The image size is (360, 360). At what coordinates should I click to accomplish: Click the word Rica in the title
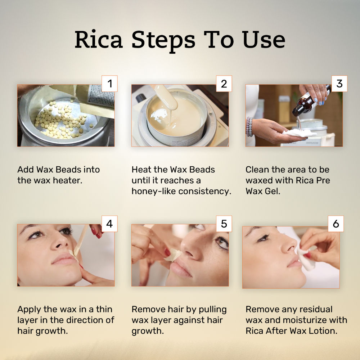(x=99, y=40)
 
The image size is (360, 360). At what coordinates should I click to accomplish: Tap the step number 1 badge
(x=109, y=84)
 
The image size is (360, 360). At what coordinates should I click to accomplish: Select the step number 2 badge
(x=224, y=84)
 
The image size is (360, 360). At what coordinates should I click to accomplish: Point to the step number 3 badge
(x=339, y=84)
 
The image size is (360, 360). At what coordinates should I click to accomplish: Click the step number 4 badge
(x=109, y=224)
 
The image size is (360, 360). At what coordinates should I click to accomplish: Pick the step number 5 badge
(x=224, y=224)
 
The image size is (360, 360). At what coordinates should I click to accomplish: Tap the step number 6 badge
(x=336, y=224)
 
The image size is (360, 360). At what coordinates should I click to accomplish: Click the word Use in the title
(x=264, y=40)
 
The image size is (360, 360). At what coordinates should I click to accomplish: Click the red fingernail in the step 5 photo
(x=167, y=252)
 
